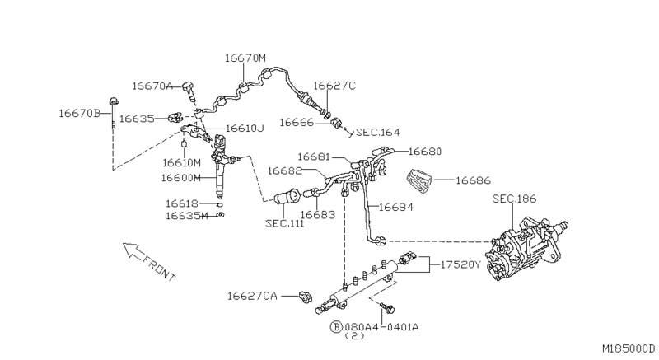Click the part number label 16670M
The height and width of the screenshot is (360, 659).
coord(245,58)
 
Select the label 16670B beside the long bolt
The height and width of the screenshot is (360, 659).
coord(78,112)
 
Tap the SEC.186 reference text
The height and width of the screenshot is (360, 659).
coord(513,199)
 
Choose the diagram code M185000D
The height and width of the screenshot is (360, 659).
coord(627,347)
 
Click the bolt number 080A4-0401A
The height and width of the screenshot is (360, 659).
coord(381,327)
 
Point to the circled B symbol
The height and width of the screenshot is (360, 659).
coord(336,327)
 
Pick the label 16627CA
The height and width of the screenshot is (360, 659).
coord(252,294)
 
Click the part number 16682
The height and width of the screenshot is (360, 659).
coord(287,171)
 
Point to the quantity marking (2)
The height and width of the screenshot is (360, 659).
coord(353,337)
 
